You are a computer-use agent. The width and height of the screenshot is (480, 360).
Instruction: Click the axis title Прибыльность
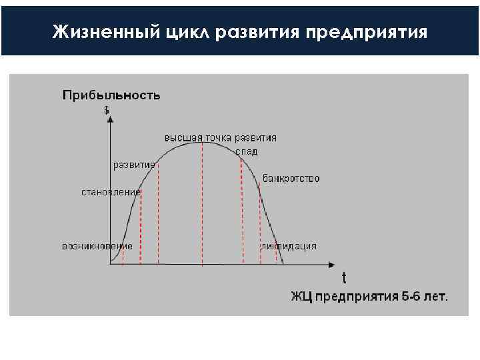[x=111, y=95]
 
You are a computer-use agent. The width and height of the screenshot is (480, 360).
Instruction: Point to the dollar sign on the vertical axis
[x=107, y=111]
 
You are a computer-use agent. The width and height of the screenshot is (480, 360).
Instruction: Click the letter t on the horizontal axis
[x=344, y=277]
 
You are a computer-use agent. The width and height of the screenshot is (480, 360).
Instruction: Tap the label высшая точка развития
[x=221, y=138]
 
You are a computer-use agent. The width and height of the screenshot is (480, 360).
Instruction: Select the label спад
[x=246, y=152]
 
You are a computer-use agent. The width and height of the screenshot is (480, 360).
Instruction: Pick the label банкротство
[x=291, y=179]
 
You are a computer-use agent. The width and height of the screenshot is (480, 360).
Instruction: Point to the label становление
[x=111, y=193]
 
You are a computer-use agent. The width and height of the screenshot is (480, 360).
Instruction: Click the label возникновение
[x=97, y=245]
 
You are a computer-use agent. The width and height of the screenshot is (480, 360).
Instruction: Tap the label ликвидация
[x=289, y=246]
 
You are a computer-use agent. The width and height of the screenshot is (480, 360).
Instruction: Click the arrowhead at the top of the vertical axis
[x=110, y=120]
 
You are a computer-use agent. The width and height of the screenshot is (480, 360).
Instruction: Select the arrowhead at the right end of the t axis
[x=331, y=265]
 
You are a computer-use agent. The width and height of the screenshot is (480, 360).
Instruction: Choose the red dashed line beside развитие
[x=158, y=213]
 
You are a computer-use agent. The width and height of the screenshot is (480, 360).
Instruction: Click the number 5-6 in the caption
[x=411, y=296]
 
